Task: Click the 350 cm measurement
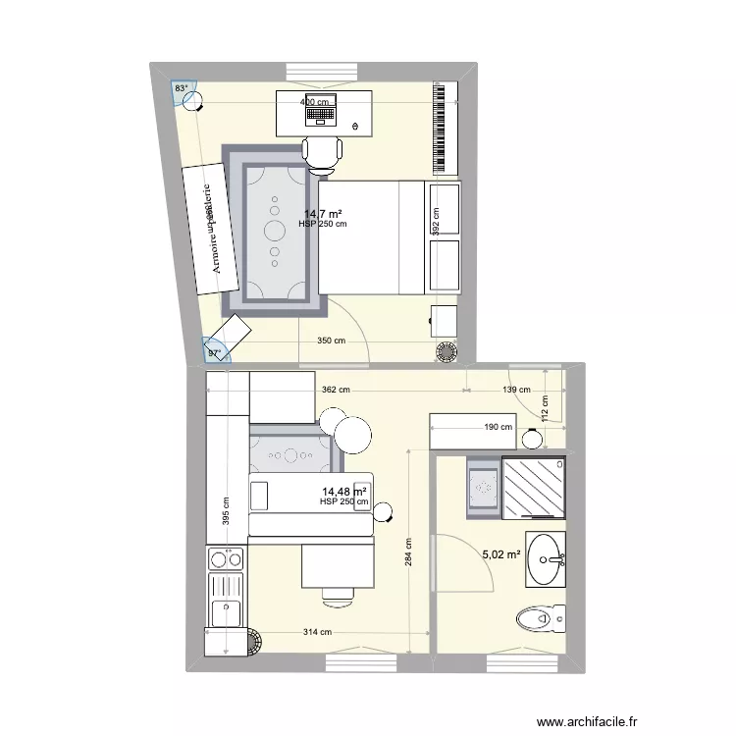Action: pos(332,342)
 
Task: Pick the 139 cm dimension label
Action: pos(515,390)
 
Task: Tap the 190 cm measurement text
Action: pos(499,427)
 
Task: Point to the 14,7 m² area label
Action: pos(322,213)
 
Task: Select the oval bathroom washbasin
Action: pos(545,560)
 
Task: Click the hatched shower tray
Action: pos(533,486)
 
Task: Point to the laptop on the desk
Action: pos(321,115)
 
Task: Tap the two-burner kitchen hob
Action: pos(226,559)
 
